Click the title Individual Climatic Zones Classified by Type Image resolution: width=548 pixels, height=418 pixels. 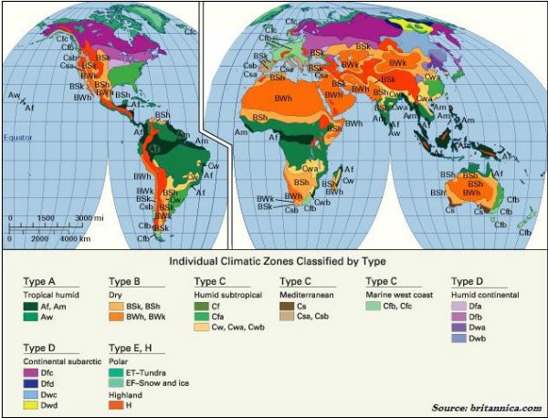point(274,260)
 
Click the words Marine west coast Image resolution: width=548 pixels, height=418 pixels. point(398,295)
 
